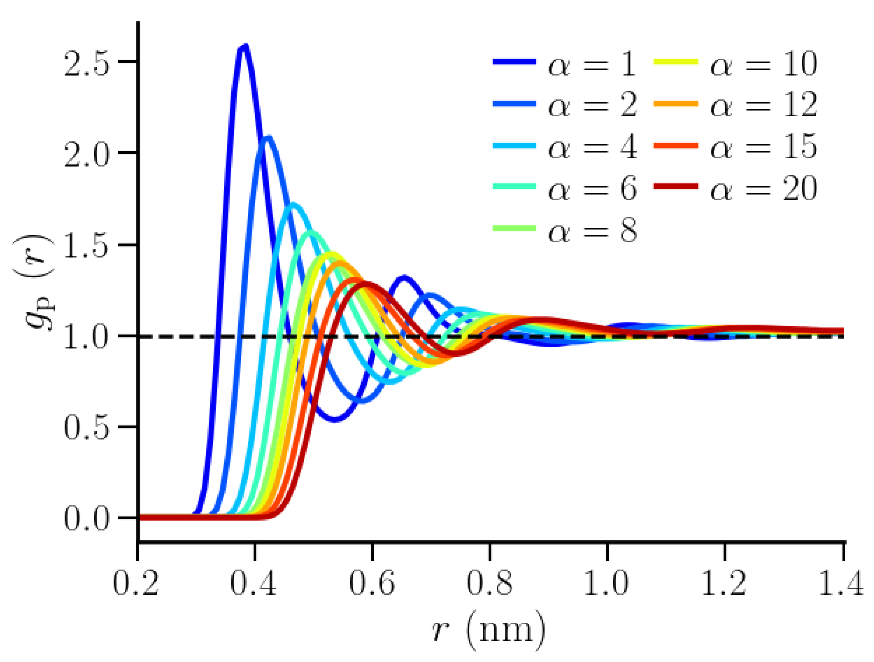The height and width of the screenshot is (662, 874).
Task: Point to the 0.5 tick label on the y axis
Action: [86, 428]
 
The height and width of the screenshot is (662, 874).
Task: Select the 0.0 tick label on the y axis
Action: [86, 519]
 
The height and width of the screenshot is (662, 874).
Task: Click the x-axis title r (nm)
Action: [488, 630]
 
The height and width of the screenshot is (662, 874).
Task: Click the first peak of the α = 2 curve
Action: [268, 138]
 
